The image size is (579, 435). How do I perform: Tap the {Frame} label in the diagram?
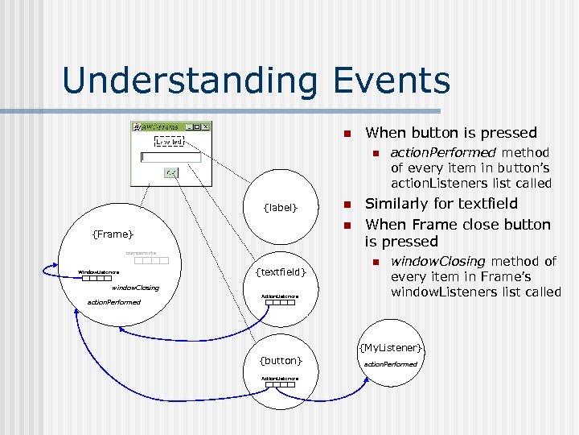pos(113,234)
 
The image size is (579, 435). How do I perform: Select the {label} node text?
pos(281,209)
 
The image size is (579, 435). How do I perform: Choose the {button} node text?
pos(281,360)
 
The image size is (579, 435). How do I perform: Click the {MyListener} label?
pos(391,347)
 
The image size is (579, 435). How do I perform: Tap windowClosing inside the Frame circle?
pos(135,288)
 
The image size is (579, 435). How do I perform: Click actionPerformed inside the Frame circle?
pos(113,302)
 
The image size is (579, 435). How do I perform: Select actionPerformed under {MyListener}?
pos(391,364)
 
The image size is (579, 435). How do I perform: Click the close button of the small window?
pos(205,126)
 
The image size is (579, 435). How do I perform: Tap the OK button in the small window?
pos(171,172)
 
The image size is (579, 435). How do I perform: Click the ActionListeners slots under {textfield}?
pos(279,304)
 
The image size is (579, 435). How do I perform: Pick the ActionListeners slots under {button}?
pos(280,384)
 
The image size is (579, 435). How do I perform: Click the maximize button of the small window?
pos(197,126)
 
